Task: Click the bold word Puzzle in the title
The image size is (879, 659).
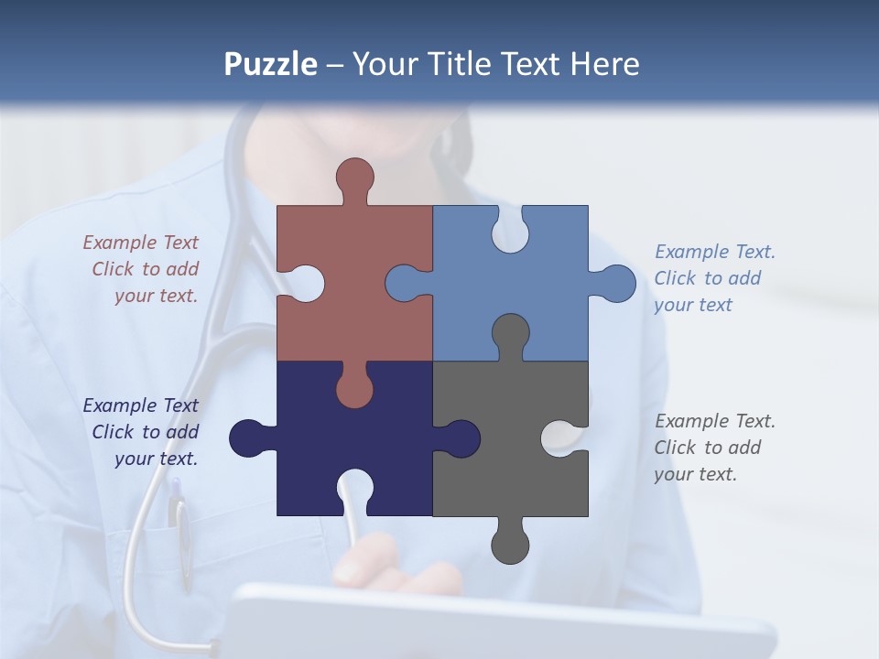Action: [x=270, y=64]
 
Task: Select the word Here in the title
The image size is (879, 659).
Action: [x=604, y=64]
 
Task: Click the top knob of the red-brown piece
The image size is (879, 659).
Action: [x=354, y=178]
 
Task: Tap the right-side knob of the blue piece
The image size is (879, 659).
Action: [x=614, y=284]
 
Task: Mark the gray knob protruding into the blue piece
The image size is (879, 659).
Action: [x=510, y=333]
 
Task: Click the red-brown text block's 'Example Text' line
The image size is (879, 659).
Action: [x=140, y=243]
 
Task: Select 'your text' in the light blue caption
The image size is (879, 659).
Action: [x=693, y=305]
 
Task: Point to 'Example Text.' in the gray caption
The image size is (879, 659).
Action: [x=715, y=421]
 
